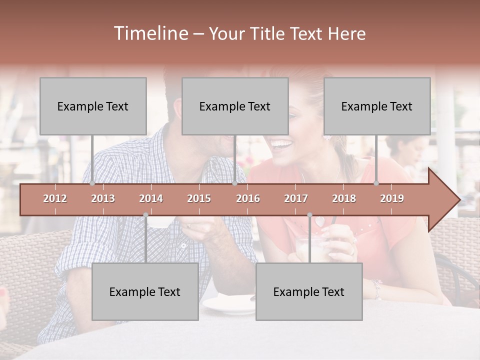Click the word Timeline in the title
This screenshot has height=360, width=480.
pos(150,33)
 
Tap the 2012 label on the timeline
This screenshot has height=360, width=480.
pos(55,198)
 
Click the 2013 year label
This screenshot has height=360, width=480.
pos(103,198)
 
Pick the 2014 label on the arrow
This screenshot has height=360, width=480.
pos(151,198)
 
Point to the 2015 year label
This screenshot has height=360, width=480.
pos(199,198)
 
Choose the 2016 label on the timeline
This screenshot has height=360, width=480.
pos(248,198)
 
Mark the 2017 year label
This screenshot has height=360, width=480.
pos(296,198)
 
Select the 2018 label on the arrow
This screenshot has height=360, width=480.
pos(344,198)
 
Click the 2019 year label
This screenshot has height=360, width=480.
pos(392,198)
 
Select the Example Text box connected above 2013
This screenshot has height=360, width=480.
pos(93,106)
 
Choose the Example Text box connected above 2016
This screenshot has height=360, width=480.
pos(235,106)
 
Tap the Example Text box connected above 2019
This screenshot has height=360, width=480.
pos(377,106)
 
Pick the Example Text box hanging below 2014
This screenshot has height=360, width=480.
pos(145,291)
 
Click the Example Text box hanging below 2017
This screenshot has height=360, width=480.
pos(309,291)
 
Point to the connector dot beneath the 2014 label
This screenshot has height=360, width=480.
pos(145,215)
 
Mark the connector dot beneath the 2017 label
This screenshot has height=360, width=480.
pos(309,215)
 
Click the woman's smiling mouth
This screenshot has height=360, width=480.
pos(281,145)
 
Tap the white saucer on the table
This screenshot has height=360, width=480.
pos(227,304)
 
